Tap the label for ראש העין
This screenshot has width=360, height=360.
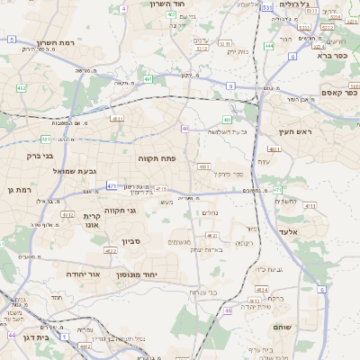coord(294,132)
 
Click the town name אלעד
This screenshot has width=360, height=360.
coord(291,232)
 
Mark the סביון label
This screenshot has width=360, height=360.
coord(133,241)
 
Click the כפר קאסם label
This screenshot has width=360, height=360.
coord(340,92)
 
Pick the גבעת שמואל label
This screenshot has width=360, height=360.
coord(73,171)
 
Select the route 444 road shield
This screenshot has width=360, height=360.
coord(270,45)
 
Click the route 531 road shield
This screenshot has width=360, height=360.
coord(268,7)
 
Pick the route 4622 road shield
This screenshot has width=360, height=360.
coord(213,236)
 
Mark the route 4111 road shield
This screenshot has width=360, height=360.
coord(310,206)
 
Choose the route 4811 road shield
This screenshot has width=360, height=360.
coord(117,118)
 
